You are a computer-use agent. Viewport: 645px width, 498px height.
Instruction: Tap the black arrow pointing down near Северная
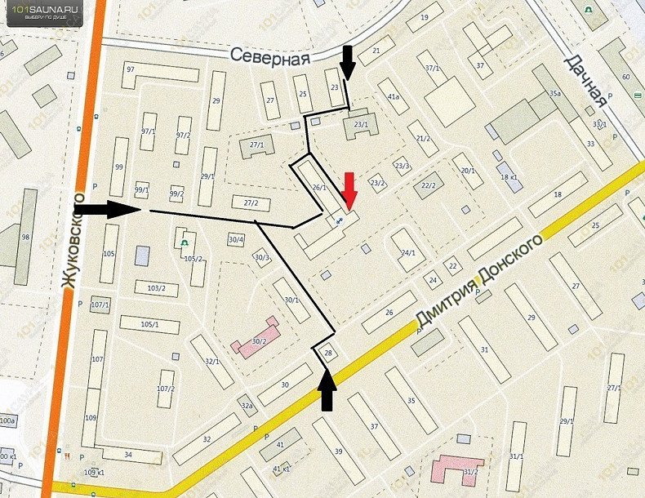point(348,64)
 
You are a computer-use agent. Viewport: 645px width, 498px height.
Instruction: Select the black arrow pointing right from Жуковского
point(112,209)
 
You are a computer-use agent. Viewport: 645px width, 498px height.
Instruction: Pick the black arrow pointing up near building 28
point(327,389)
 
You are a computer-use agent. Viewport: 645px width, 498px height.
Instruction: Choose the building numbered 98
point(25,237)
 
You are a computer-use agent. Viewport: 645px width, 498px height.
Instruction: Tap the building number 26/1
point(318,188)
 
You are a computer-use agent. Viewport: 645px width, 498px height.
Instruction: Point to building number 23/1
point(361,124)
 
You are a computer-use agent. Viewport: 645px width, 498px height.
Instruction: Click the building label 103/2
point(156,288)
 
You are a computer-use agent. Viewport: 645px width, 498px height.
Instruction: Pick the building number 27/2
point(251,203)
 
